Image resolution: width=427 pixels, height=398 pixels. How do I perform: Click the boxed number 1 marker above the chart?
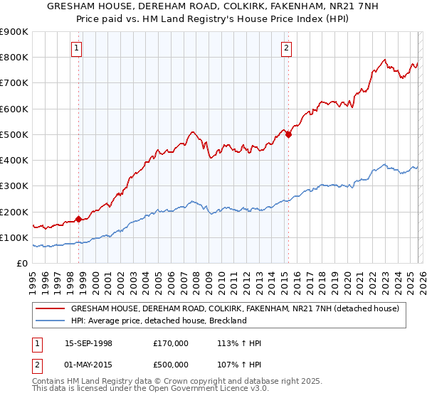point(75,48)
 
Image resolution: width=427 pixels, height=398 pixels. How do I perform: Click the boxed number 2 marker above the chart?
point(285,48)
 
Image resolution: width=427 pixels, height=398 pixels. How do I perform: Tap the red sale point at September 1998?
point(78,219)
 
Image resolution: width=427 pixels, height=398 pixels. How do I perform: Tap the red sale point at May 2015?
point(288,134)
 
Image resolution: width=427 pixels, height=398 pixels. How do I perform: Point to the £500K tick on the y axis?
point(14,134)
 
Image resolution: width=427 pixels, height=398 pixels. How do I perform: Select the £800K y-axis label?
point(14,57)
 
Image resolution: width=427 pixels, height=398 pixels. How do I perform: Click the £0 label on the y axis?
point(21,263)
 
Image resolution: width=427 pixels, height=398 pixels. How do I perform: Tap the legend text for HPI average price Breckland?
point(158,321)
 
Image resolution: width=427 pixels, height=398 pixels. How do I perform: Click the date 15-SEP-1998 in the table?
point(88,344)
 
